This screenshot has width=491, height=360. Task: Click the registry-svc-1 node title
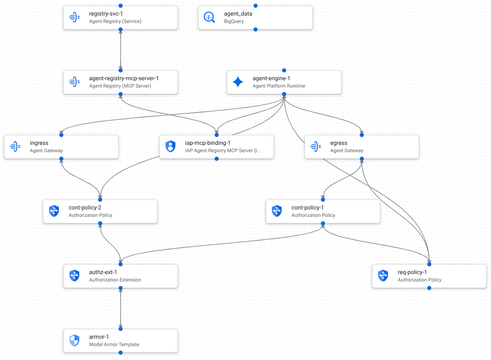coord(105,13)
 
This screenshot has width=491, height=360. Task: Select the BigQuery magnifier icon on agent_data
coord(209,17)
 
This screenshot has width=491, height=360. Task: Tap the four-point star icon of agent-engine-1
coord(238,82)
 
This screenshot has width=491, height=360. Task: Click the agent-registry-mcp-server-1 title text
coord(123,78)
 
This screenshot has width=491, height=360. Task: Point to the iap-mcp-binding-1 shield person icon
coord(170,146)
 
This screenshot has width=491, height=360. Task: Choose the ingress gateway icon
coord(15,146)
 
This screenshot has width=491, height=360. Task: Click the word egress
coord(339,143)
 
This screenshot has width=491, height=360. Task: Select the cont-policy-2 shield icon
coord(54,211)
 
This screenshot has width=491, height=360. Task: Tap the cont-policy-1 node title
coord(307,207)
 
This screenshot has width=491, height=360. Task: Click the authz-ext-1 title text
coord(103,272)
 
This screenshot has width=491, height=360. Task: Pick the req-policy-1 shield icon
coord(383,276)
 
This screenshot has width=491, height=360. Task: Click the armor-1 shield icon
coord(74,340)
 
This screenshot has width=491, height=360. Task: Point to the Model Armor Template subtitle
coord(114,344)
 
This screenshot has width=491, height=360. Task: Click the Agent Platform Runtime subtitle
coord(278,86)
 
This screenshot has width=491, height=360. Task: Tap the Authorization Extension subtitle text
coord(115,280)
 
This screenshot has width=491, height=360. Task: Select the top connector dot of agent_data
coord(256,6)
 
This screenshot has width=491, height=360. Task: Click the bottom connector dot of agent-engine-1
coord(284,94)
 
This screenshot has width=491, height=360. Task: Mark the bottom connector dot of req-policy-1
coord(429,288)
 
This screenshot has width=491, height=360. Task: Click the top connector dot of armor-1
coord(121,329)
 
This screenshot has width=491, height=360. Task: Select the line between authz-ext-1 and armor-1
coord(121,308)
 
